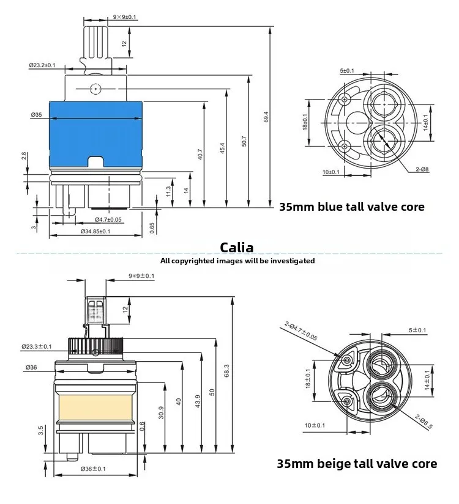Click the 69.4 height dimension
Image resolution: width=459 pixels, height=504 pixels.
[266, 117]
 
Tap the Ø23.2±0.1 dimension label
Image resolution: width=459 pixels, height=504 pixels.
[42, 65]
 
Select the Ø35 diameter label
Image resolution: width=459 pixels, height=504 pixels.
[35, 114]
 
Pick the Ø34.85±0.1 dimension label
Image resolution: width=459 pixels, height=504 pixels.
[95, 231]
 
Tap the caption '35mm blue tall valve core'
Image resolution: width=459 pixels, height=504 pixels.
[351, 206]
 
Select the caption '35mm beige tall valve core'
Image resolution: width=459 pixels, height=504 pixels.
[357, 464]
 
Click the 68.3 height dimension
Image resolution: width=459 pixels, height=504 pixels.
[226, 371]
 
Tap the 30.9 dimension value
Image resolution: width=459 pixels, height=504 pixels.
[161, 413]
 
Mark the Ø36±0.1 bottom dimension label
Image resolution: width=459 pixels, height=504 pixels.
[94, 469]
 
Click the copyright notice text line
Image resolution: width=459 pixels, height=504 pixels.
[237, 261]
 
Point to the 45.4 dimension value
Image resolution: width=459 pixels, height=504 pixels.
[222, 148]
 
